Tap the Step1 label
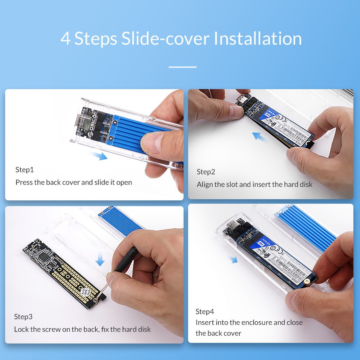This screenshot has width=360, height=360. [25, 170]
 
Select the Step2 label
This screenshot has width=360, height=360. [206, 172]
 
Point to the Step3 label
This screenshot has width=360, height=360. [23, 317]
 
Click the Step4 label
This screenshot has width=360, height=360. [205, 311]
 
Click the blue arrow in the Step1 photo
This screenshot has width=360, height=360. [99, 155]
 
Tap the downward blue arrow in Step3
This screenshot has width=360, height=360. [100, 260]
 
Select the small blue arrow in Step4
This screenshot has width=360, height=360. [233, 260]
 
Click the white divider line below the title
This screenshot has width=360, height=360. [182, 67]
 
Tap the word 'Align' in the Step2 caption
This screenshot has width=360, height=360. [205, 184]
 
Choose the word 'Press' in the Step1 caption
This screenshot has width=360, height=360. [24, 182]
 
